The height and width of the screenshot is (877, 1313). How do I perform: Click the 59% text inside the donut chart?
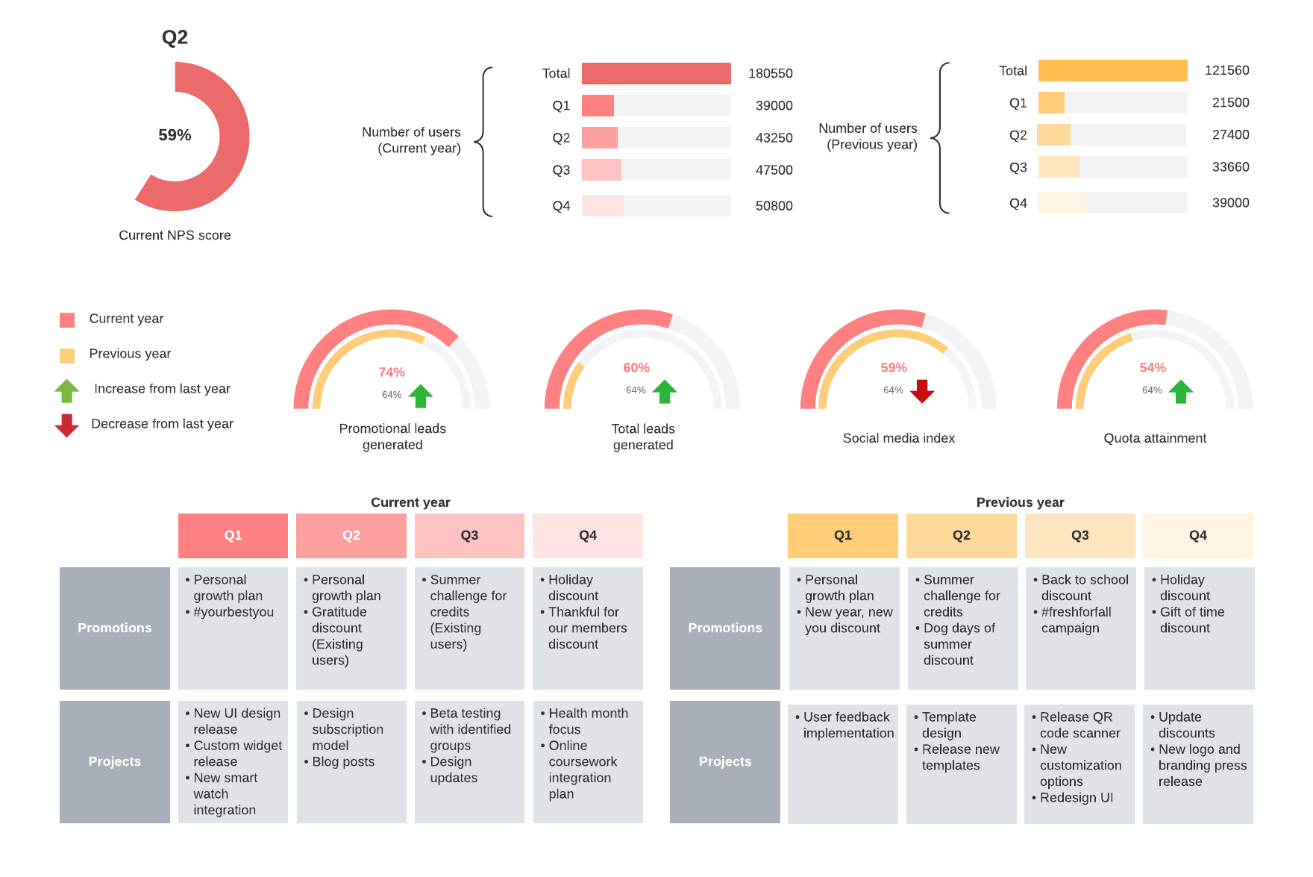[x=175, y=135]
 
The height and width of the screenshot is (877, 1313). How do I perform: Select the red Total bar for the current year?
[x=656, y=73]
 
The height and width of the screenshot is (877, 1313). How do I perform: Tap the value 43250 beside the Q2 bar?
[x=774, y=138]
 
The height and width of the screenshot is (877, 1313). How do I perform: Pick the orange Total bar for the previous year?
[x=1112, y=70]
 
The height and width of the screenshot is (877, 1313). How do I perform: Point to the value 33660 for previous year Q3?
[x=1230, y=167]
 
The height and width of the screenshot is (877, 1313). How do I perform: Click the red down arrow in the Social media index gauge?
[x=922, y=390]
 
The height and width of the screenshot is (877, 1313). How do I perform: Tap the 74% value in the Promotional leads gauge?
[x=392, y=372]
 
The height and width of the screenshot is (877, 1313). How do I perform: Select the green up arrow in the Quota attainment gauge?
[x=1180, y=391]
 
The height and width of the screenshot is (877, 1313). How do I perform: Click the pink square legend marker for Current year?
[x=67, y=320]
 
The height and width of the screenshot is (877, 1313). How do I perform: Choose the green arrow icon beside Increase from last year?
[x=67, y=390]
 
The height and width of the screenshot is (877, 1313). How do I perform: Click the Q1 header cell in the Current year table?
[x=233, y=535]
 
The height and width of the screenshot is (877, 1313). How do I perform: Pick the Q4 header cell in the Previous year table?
[x=1197, y=535]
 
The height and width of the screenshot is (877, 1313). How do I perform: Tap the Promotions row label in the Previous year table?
[x=724, y=628]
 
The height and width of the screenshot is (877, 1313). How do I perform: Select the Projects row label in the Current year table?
[x=114, y=761]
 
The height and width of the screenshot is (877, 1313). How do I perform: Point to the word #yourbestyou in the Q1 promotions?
[x=234, y=612]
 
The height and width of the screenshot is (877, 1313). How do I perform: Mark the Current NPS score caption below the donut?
[x=175, y=235]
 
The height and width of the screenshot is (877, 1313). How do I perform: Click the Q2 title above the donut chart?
[x=175, y=37]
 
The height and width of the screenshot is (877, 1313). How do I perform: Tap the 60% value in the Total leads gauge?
[x=636, y=368]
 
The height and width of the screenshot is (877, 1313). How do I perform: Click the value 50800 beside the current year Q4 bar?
[x=774, y=206]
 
